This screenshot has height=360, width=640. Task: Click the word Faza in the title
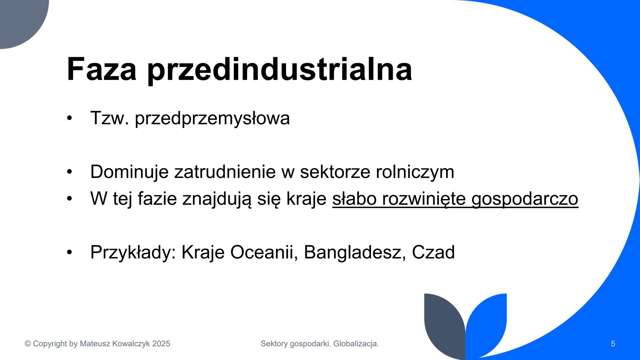[102, 69]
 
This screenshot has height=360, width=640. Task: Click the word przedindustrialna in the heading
[280, 69]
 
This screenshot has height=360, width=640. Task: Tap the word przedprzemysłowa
[212, 118]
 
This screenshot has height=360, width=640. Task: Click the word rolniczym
[415, 172]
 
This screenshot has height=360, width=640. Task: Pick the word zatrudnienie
[225, 172]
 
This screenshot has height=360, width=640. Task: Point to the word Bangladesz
[355, 252]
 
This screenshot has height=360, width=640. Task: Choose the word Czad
[433, 252]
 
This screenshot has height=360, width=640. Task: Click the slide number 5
[613, 344]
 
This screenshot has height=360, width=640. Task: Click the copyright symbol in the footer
[28, 344]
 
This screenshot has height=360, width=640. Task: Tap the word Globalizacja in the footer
[356, 344]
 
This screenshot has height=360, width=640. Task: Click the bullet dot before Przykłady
[69, 252]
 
